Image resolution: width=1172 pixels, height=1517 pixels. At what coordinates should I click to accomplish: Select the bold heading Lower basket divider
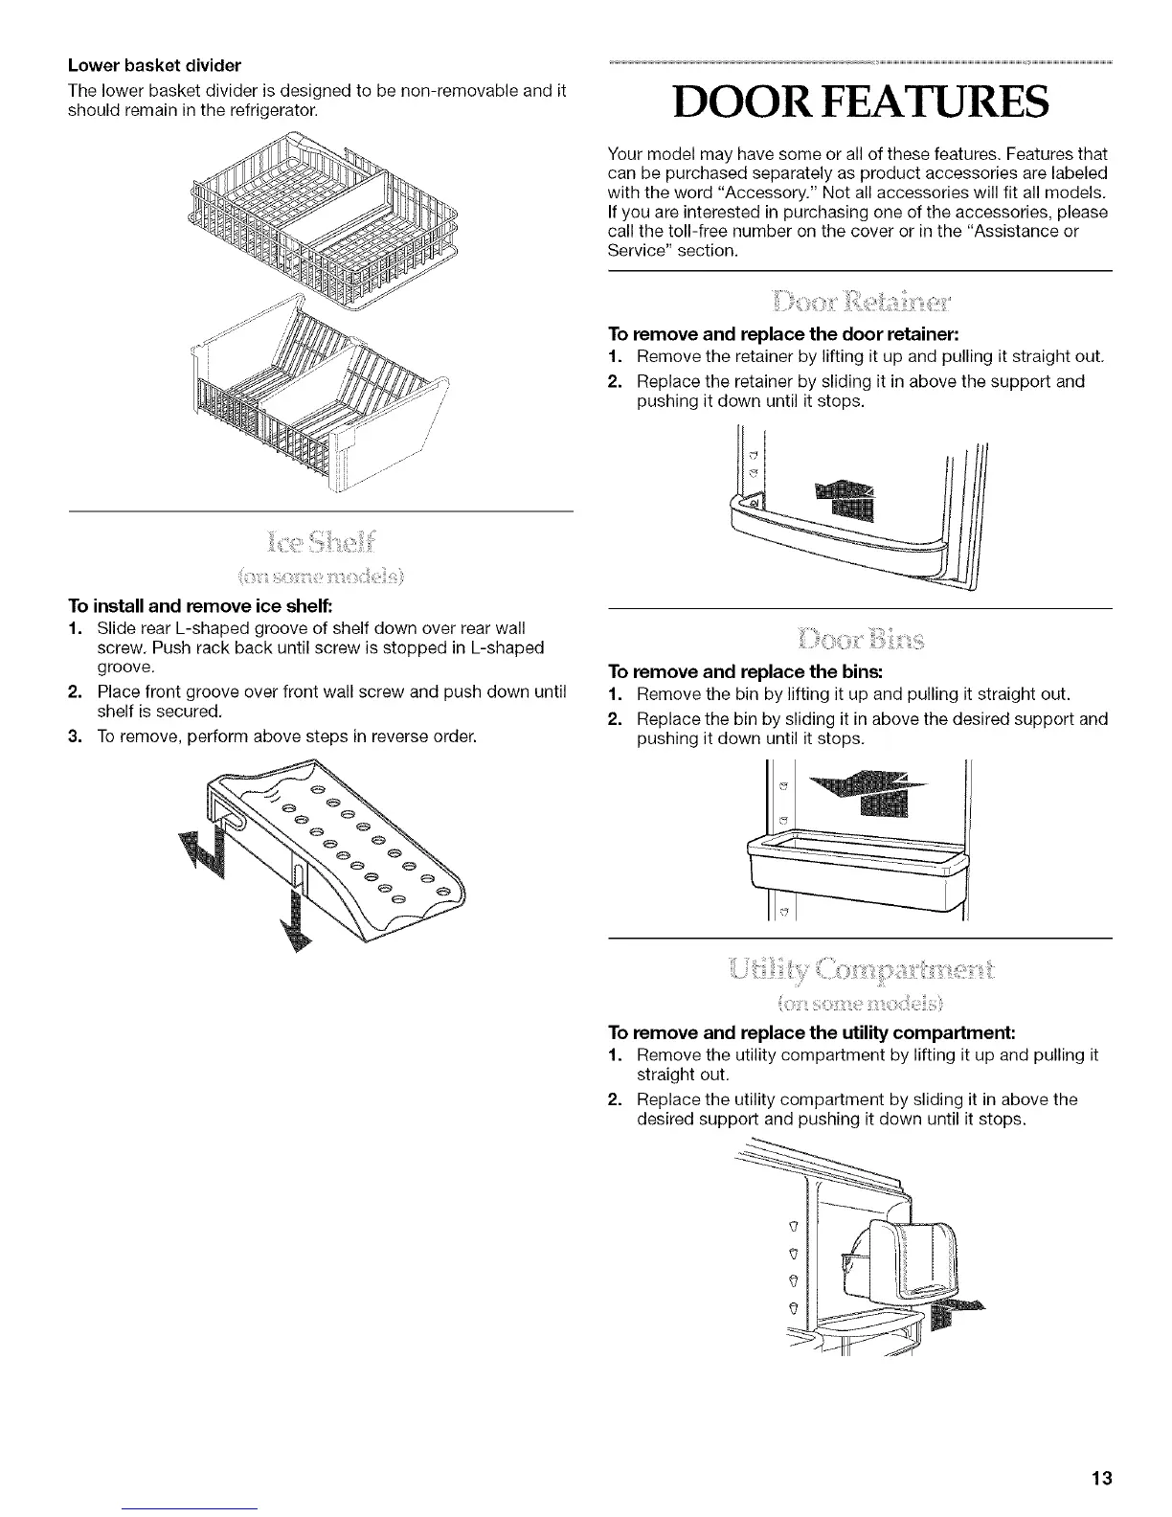coord(154,66)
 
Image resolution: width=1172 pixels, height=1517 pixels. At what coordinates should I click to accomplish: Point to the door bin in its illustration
coord(853,860)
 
